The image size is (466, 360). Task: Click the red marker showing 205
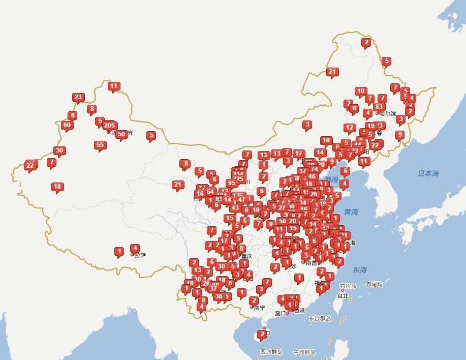coord(109,125)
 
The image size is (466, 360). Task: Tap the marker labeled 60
coord(67,125)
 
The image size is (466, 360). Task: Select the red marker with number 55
coord(100,145)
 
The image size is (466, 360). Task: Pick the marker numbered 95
coord(231,183)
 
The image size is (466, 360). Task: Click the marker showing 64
coord(210,192)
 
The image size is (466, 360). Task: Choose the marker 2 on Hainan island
coord(262,334)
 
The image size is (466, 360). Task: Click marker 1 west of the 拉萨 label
coord(119,251)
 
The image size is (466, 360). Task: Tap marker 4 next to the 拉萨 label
coord(135,248)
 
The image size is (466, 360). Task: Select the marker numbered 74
coord(315,169)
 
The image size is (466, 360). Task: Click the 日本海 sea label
coord(428,173)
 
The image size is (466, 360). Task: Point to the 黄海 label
coord(351,212)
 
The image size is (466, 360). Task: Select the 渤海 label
coord(332,179)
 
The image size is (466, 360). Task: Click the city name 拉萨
coord(140,255)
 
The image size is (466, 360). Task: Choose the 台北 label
coord(343,296)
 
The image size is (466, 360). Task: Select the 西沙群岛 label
coord(271,352)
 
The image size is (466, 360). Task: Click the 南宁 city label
coord(259,308)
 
